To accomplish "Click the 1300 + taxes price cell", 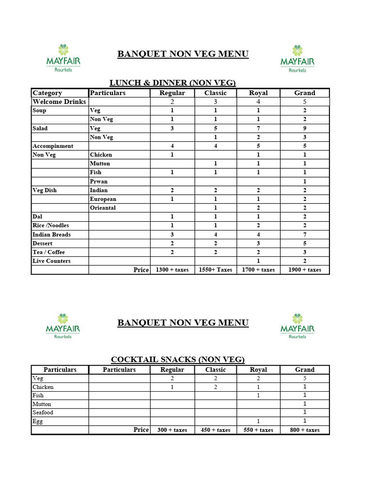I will coord(172,270).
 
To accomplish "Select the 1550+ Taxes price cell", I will coord(216,270).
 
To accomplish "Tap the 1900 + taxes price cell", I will coord(305,270).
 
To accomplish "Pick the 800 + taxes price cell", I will coord(305,430).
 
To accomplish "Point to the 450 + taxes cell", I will coord(216,430).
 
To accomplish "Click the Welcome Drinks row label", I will coord(59,101).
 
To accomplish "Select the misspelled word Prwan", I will coord(99,182).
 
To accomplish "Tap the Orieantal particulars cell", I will coord(103,208).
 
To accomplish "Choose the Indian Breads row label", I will coord(51,234).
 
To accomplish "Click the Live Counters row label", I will coord(51,261).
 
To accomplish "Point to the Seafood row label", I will coord(43,413).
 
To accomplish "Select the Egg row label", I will coord(38,421).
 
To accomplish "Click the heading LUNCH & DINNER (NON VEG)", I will coord(173,83).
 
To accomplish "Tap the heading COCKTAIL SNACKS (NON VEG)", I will coord(178,360).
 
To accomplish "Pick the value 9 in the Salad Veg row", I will coord(305,129).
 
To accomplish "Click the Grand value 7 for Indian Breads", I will coord(305,234).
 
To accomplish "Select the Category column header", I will coord(47,93).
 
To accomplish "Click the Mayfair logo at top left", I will coord(63,59).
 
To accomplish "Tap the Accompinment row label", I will coord(53,146).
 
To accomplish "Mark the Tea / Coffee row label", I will coord(48,252).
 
